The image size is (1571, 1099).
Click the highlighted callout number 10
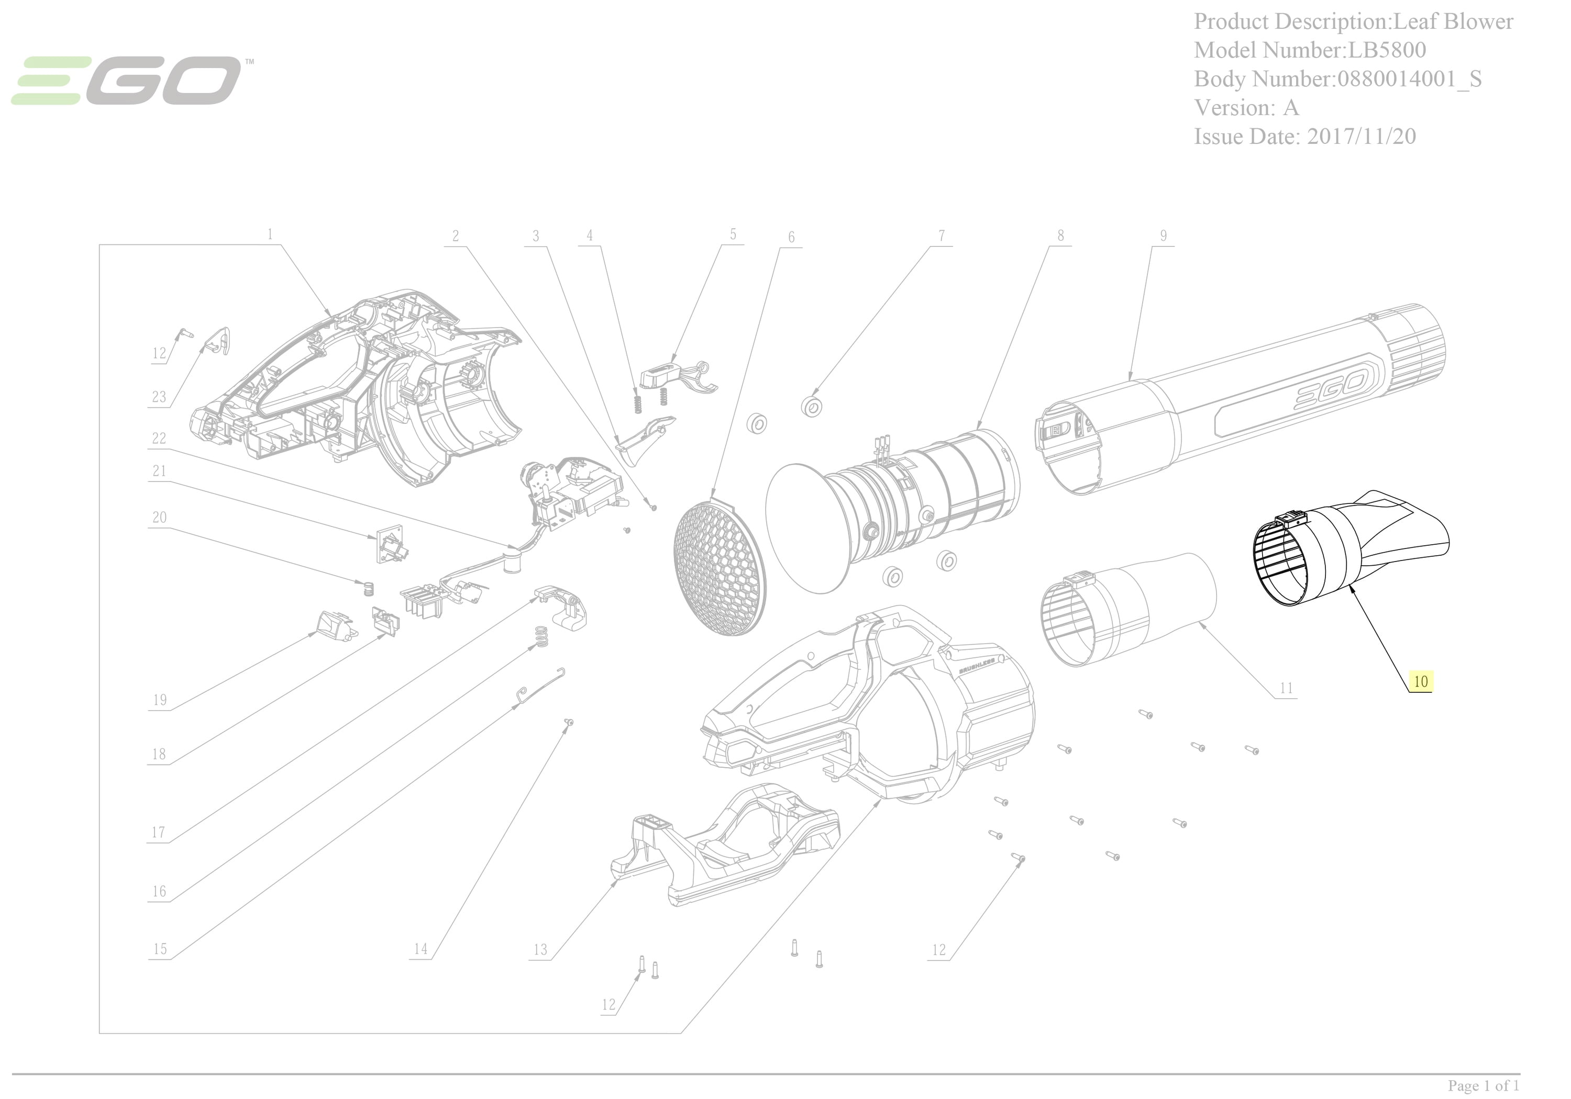click(x=1421, y=682)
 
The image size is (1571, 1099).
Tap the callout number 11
click(x=1286, y=688)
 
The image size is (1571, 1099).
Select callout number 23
click(x=159, y=397)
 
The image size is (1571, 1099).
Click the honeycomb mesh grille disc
click(x=718, y=566)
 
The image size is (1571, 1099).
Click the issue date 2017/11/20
click(x=1361, y=136)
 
